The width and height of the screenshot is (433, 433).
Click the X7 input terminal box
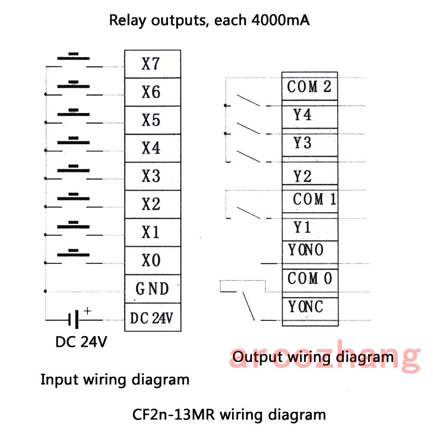pyautogui.click(x=152, y=64)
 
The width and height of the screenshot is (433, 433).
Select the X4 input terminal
pyautogui.click(x=152, y=148)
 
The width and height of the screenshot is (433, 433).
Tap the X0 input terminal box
pyautogui.click(x=152, y=260)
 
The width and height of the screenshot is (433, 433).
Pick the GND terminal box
pyautogui.click(x=152, y=289)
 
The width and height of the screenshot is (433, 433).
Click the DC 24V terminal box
pyautogui.click(x=152, y=318)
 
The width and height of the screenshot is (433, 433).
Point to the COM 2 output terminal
pyautogui.click(x=309, y=87)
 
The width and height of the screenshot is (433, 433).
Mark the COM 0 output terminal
pyautogui.click(x=309, y=278)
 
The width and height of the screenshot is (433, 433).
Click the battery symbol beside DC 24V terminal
pyautogui.click(x=74, y=320)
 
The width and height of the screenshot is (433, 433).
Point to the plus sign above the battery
pyautogui.click(x=87, y=311)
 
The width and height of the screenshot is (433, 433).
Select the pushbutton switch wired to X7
pyautogui.click(x=74, y=59)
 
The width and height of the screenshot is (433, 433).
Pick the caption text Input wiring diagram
pyautogui.click(x=115, y=380)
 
